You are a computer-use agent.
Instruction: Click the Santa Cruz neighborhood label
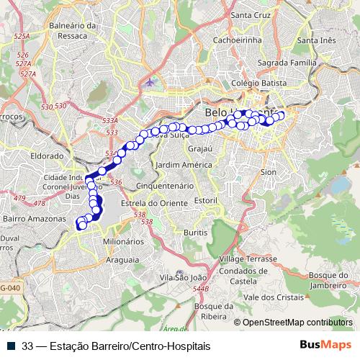tap(250, 14)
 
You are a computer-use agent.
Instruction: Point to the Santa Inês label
tap(317, 40)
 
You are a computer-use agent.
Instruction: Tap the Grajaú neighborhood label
tap(200, 149)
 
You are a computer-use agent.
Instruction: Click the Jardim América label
tap(184, 164)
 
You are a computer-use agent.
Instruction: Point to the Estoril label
tap(206, 199)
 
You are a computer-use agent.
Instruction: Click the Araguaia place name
tap(122, 258)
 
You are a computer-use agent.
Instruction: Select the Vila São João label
tap(183, 276)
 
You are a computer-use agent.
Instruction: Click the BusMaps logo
tap(325, 345)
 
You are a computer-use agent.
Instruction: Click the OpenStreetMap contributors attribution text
tap(297, 322)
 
